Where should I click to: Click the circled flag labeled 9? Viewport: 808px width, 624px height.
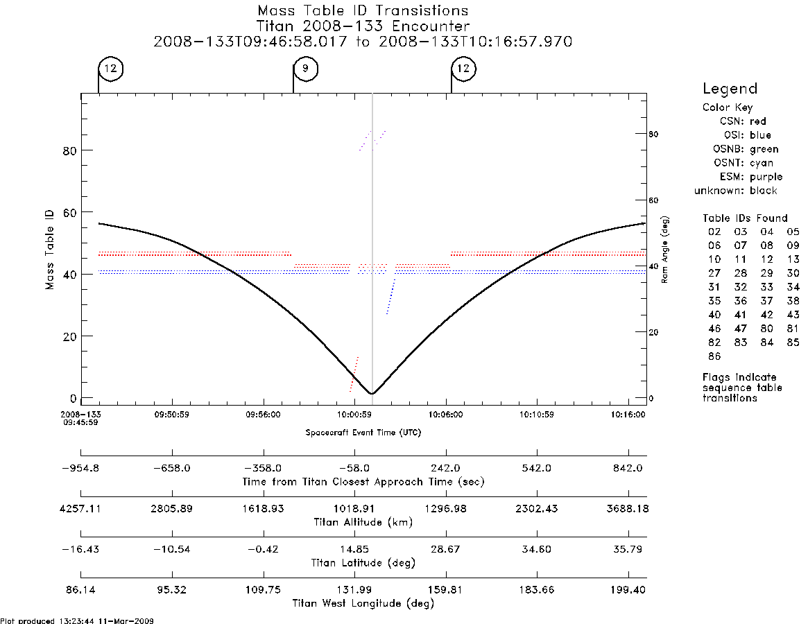click(x=306, y=69)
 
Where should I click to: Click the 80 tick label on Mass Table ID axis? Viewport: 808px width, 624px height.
click(x=69, y=151)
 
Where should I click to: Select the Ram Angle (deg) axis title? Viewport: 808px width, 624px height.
click(x=664, y=250)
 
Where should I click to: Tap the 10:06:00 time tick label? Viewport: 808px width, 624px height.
click(x=446, y=415)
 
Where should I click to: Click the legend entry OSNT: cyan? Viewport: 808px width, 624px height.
click(x=743, y=163)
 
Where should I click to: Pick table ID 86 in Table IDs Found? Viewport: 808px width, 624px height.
click(x=714, y=356)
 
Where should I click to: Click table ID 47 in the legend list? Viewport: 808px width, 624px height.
click(x=741, y=328)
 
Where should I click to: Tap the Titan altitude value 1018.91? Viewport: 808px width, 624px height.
click(x=354, y=509)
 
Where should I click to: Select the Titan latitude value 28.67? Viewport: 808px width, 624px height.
click(x=446, y=549)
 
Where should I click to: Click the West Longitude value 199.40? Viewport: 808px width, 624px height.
click(x=628, y=590)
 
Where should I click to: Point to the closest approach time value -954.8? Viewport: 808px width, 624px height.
click(x=81, y=469)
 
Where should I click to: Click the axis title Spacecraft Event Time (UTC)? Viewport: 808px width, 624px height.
click(x=363, y=433)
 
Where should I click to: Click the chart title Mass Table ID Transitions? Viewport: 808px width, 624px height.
click(x=363, y=11)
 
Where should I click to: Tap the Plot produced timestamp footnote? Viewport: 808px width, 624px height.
click(x=77, y=621)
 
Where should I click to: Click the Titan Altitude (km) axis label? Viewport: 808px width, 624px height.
click(x=363, y=523)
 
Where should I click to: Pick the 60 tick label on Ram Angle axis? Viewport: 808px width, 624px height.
click(x=653, y=200)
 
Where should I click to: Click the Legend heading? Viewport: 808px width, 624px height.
click(x=730, y=89)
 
